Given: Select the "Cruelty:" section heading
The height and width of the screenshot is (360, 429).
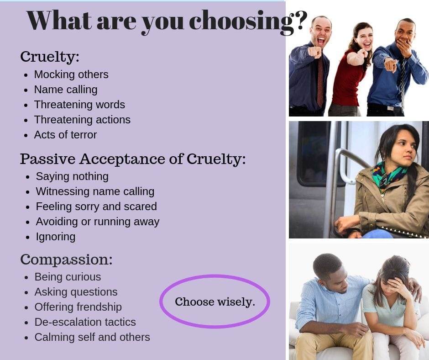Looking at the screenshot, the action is [x=50, y=57].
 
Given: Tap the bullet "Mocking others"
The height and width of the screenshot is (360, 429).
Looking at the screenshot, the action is [x=71, y=74].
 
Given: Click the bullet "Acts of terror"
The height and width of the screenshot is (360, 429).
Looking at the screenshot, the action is [x=65, y=135].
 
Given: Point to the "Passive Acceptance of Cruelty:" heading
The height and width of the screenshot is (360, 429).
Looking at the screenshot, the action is [x=133, y=159].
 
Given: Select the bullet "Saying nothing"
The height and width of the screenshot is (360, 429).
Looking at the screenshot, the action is [x=72, y=176].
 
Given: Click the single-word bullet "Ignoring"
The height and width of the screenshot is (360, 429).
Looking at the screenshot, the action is [x=56, y=237].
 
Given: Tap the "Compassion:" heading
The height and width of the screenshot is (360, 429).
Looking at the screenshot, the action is [x=67, y=259].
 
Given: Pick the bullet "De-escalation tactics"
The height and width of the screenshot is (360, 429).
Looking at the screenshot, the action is [x=85, y=322].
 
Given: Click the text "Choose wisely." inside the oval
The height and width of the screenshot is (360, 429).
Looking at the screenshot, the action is [x=215, y=302].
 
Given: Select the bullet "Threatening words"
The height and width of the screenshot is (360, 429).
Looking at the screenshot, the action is [x=79, y=105].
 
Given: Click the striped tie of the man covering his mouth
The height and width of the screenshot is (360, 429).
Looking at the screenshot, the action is [x=403, y=79].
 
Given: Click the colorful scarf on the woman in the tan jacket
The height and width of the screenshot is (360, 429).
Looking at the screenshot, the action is [x=388, y=175].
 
